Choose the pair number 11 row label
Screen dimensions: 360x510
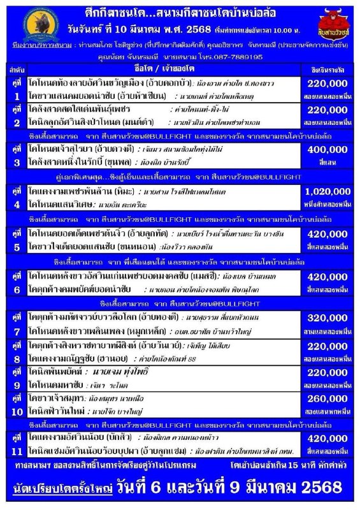pos(13,444)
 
